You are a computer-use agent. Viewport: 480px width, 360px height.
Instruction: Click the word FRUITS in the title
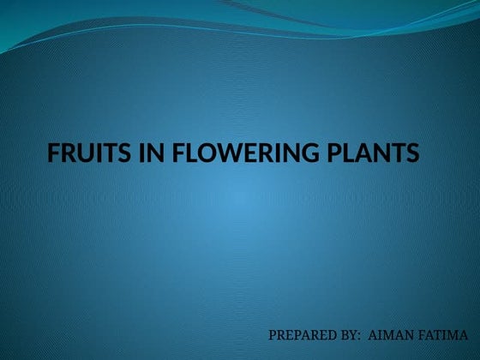(x=87, y=154)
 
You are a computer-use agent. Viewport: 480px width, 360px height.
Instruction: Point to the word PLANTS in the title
(x=375, y=154)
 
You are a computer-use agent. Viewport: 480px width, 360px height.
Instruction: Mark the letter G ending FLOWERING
(x=313, y=154)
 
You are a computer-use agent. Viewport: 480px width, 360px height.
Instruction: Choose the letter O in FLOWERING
(x=207, y=154)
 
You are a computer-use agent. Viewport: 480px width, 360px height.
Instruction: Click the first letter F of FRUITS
(x=54, y=154)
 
